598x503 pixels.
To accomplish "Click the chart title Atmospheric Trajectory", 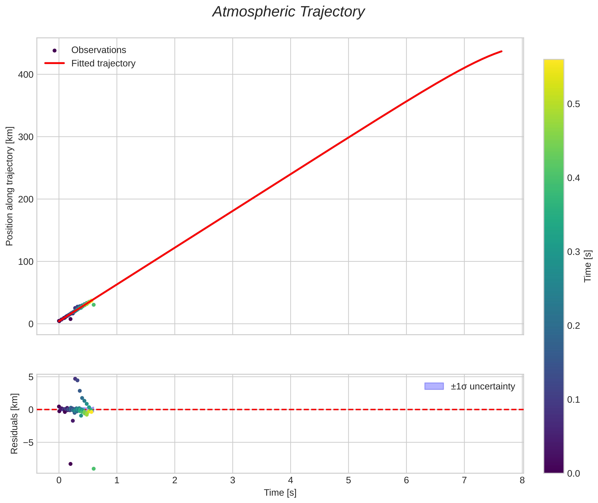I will pyautogui.click(x=288, y=12).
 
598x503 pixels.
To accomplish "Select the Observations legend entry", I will pyautogui.click(x=98, y=50).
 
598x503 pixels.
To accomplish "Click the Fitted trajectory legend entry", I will pyautogui.click(x=103, y=63).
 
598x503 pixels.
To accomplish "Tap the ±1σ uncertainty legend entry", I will pyautogui.click(x=483, y=386).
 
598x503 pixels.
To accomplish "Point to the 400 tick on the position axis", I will pyautogui.click(x=26, y=75).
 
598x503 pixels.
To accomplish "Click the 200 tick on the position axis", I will pyautogui.click(x=26, y=199).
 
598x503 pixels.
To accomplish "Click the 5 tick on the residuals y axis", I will pyautogui.click(x=31, y=377).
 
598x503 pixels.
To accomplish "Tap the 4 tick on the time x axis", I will pyautogui.click(x=290, y=480).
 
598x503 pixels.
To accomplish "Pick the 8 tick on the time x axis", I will pyautogui.click(x=522, y=480).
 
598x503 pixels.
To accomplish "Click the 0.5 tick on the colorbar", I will pyautogui.click(x=573, y=104).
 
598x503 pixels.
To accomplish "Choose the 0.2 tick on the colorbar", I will pyautogui.click(x=573, y=326).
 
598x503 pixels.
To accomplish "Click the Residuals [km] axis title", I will pyautogui.click(x=14, y=424).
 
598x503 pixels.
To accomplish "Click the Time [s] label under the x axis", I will pyautogui.click(x=280, y=493).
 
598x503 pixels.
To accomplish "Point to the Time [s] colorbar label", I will pyautogui.click(x=587, y=266).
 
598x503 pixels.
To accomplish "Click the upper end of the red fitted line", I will pyautogui.click(x=501, y=51).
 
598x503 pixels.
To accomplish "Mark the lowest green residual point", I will pyautogui.click(x=94, y=469).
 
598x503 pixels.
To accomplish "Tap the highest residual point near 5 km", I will pyautogui.click(x=75, y=379).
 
